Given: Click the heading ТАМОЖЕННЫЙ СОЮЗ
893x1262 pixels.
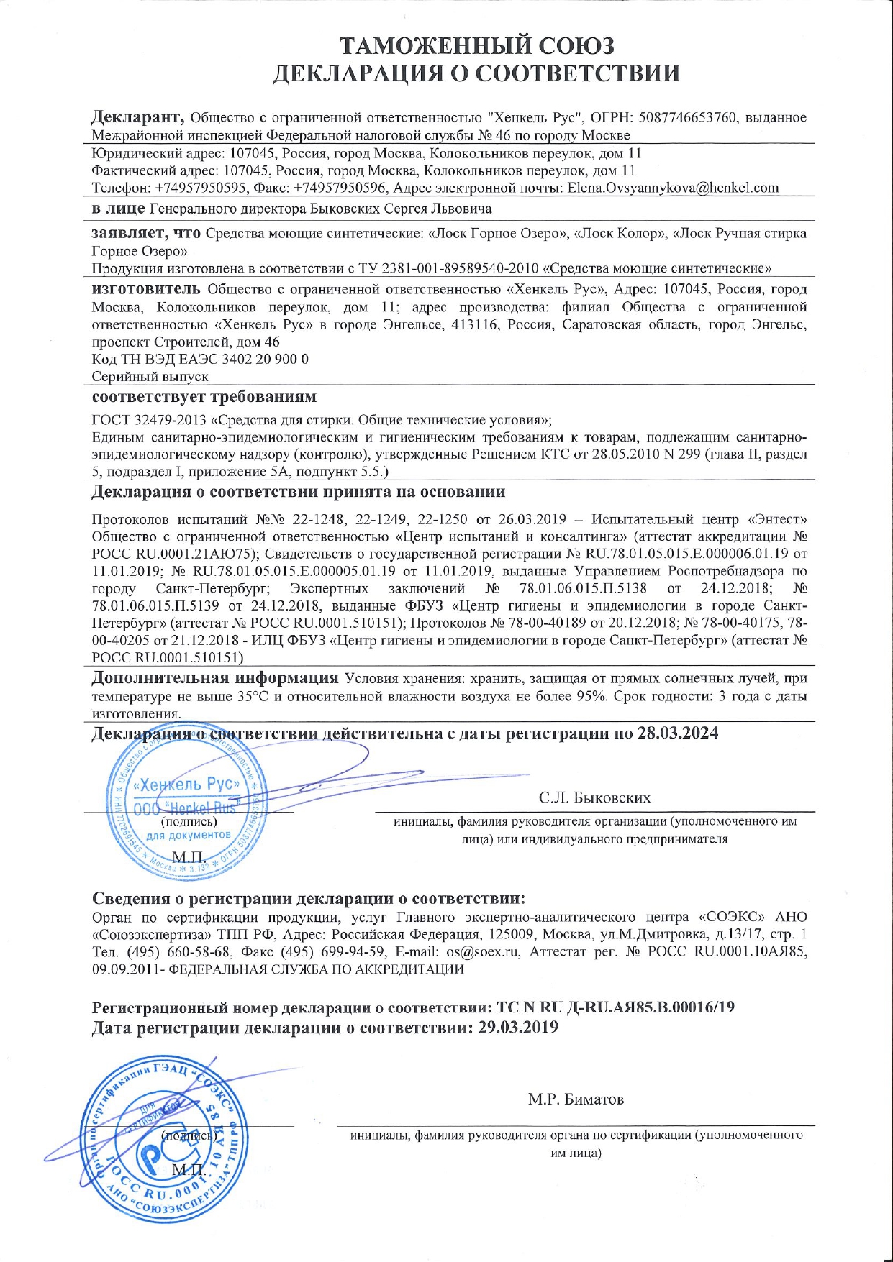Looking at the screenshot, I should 477,45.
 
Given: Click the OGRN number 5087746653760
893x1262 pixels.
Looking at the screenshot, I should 694,117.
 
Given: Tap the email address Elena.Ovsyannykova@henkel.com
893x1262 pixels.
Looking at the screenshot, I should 673,188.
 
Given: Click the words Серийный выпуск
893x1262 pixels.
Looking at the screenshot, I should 150,376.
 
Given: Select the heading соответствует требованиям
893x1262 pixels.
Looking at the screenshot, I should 204,397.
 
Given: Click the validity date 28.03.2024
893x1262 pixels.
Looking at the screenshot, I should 677,733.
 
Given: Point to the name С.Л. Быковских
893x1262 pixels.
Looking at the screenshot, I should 594,797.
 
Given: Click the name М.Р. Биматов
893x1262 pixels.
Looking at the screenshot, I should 576,1099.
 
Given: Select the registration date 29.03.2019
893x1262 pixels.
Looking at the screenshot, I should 518,1028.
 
